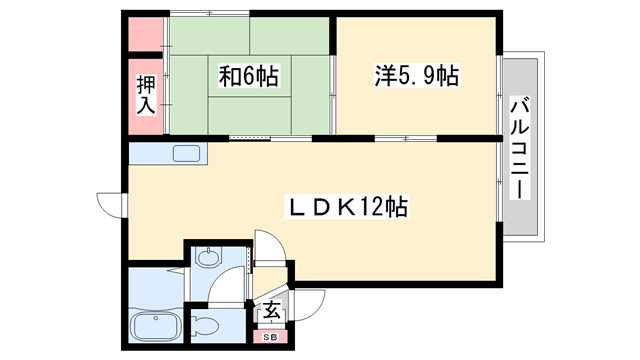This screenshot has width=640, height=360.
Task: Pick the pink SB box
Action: click(270, 337)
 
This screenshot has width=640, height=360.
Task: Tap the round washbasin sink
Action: click(207, 258)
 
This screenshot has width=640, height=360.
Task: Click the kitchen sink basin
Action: click(186, 154)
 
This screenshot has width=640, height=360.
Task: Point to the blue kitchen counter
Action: click(150, 154)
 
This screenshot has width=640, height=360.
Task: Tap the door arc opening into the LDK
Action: click(268, 246)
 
